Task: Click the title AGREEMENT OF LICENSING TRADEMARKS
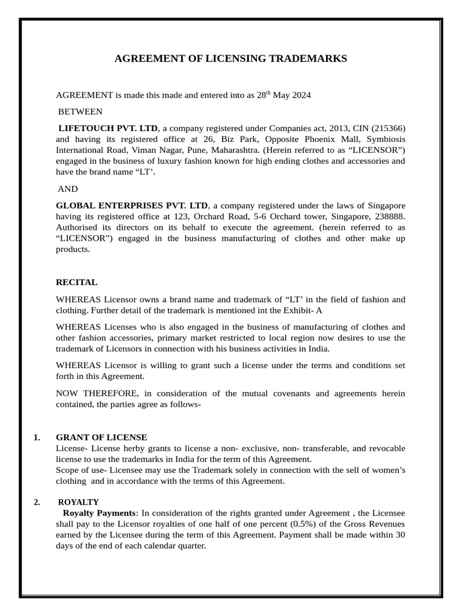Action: [x=231, y=59]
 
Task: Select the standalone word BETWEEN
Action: [x=80, y=111]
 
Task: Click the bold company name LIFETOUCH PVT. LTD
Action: [x=108, y=128]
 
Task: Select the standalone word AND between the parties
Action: [x=67, y=189]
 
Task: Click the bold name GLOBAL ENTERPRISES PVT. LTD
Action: [x=131, y=206]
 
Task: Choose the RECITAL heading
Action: [x=76, y=282]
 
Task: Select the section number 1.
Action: [x=37, y=437]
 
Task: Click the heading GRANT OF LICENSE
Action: [x=101, y=437]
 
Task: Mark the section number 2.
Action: [x=37, y=502]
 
